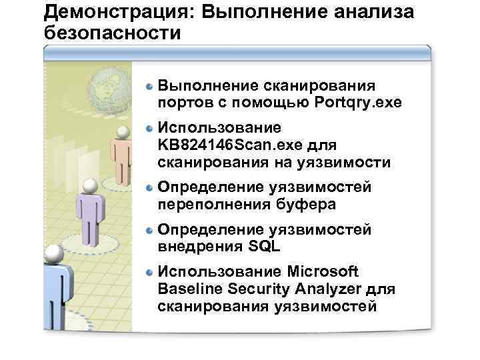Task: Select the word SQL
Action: click(265, 247)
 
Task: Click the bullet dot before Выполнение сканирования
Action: click(151, 86)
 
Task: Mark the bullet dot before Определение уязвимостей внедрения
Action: click(151, 231)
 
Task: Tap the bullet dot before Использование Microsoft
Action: click(151, 273)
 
